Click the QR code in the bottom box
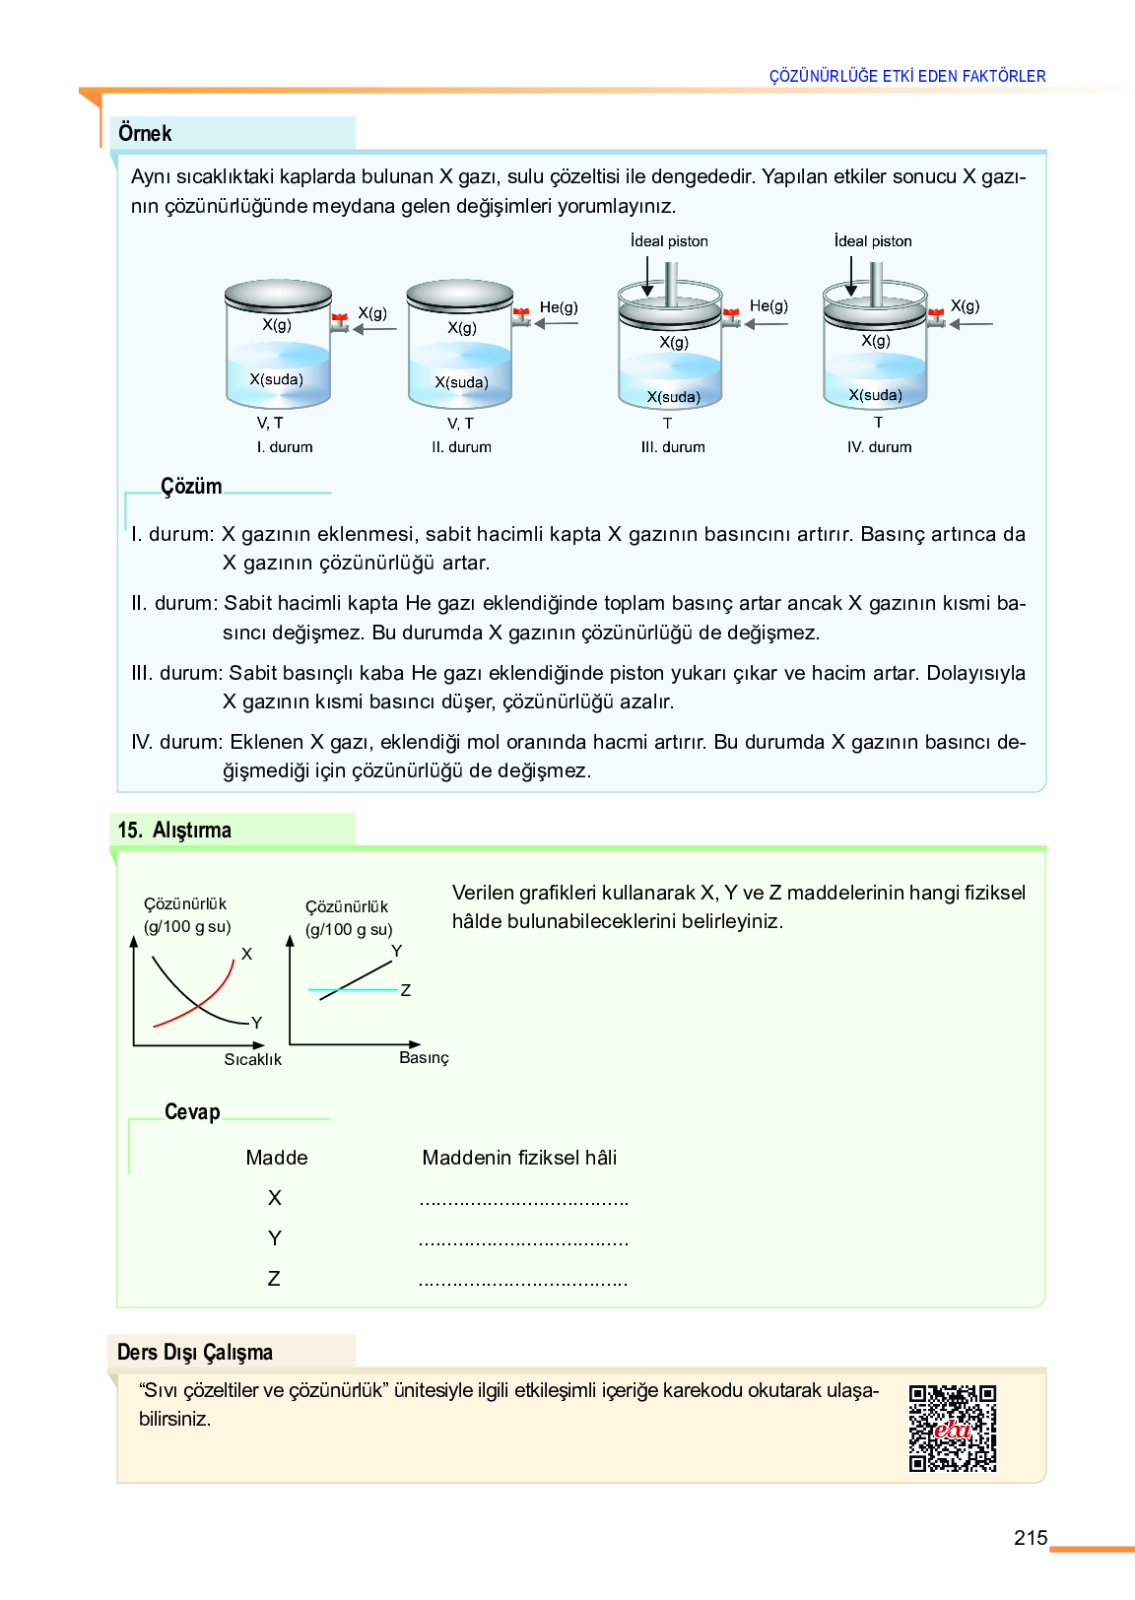[952, 1428]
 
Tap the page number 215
[1030, 1538]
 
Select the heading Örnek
[145, 133]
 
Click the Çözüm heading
[191, 486]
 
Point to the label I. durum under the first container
[285, 447]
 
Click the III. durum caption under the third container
[673, 447]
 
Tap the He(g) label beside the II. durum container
[559, 307]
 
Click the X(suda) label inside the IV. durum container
[875, 395]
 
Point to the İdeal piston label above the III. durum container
[669, 241]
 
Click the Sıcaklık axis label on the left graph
[252, 1059]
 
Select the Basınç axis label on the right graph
[424, 1057]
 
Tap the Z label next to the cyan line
[405, 990]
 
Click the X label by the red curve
[246, 954]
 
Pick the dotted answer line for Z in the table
[523, 1281]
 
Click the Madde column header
[277, 1158]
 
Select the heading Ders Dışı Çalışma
[195, 1352]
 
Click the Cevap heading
[192, 1111]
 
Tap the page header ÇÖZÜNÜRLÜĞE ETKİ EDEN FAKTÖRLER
[906, 76]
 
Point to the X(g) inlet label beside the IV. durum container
[965, 306]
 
